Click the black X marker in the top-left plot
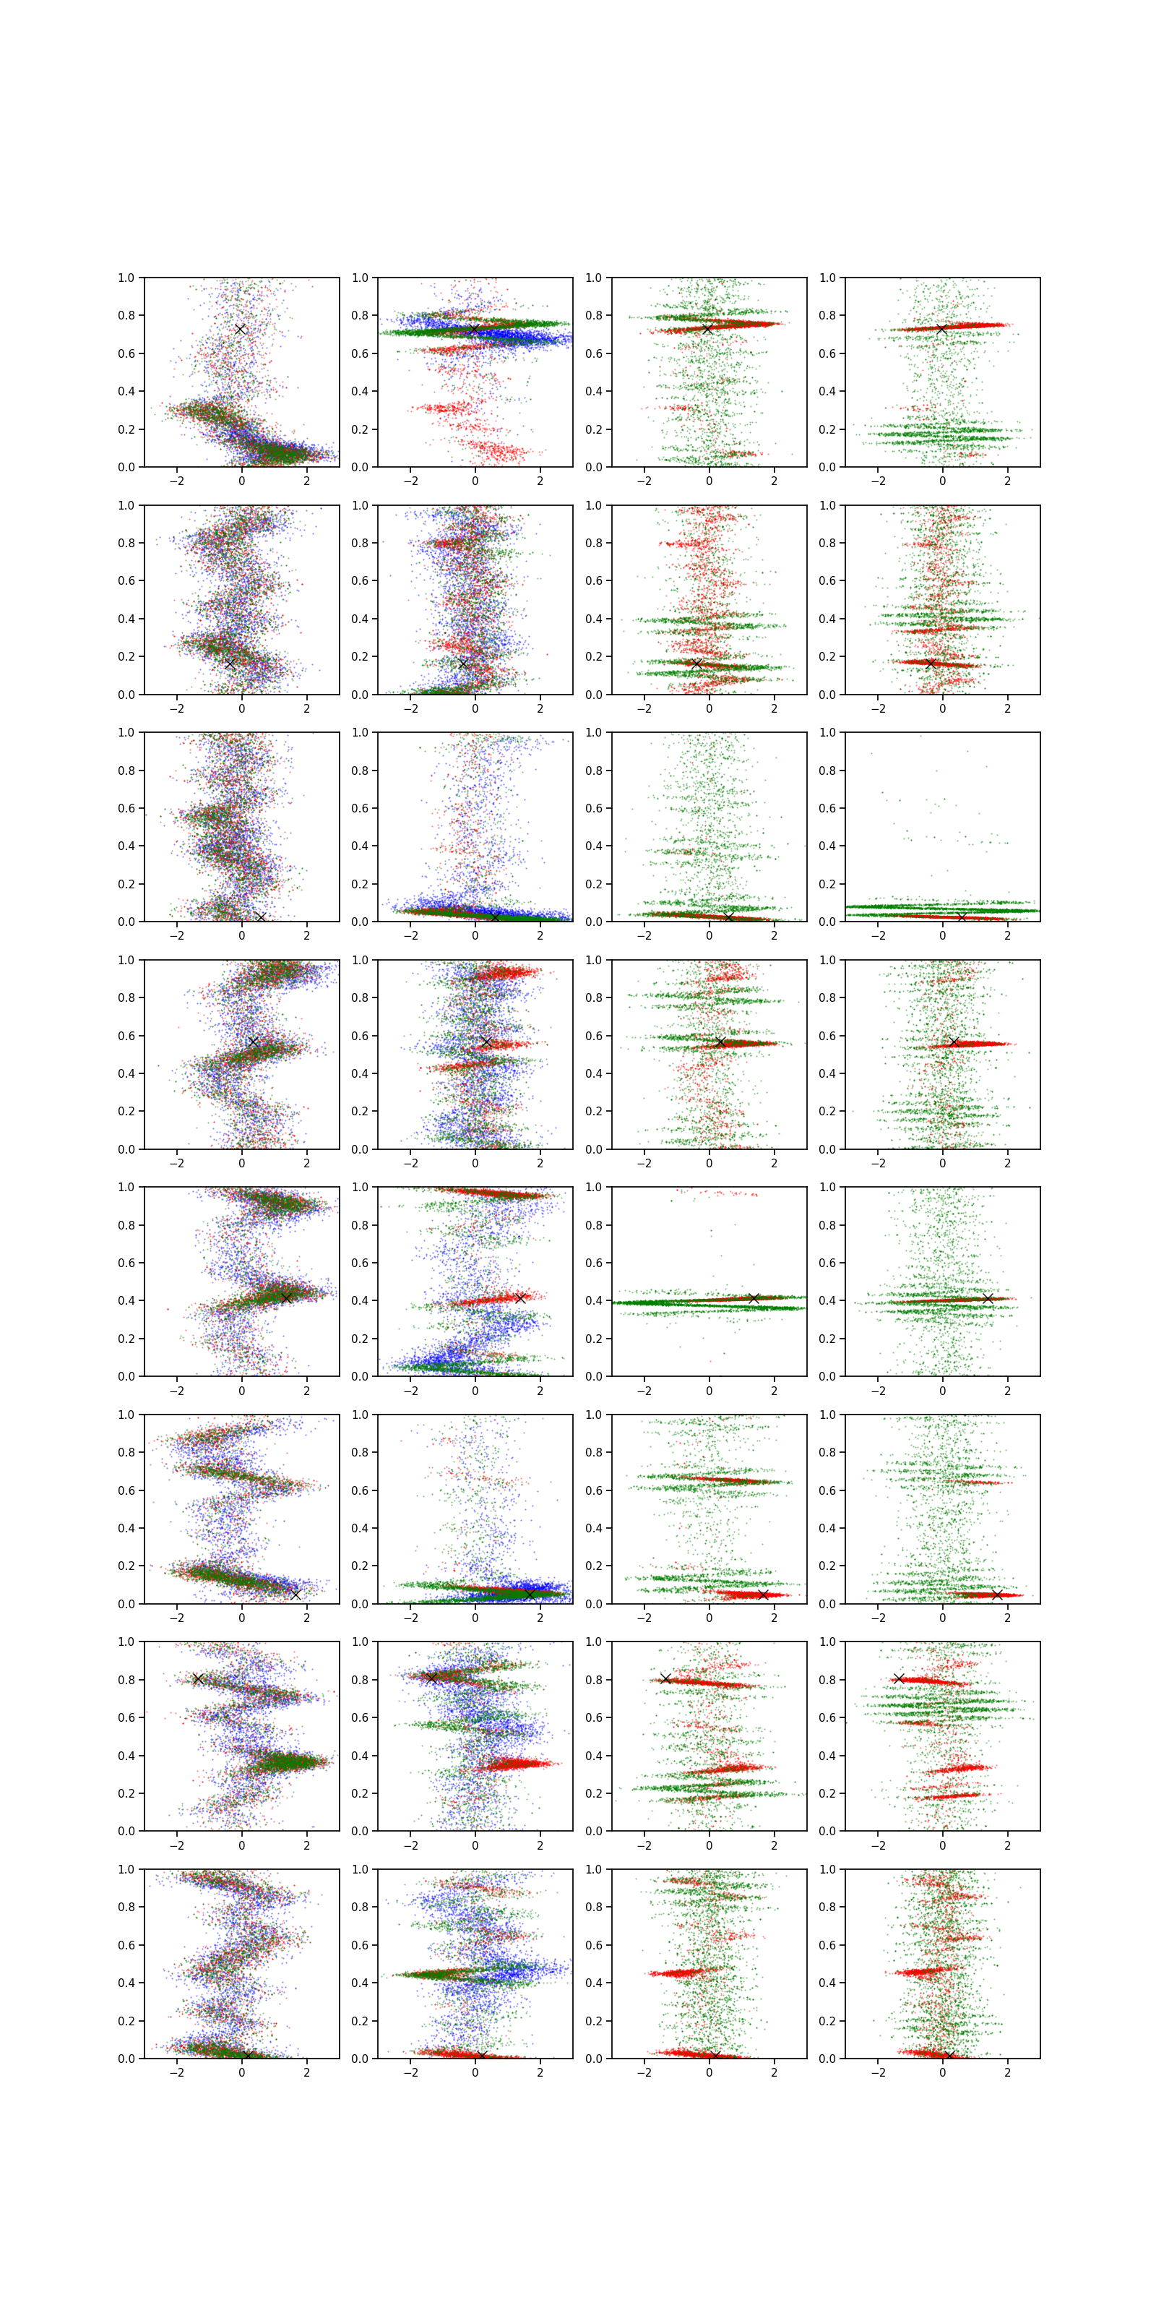click(240, 330)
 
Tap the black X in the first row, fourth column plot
click(941, 330)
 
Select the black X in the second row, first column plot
click(230, 664)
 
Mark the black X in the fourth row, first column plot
click(253, 1042)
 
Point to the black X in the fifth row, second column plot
click(519, 1297)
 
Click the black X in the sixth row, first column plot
click(296, 1594)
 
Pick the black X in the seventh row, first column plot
click(199, 1678)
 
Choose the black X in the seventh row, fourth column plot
click(898, 1678)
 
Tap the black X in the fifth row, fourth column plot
click(987, 1298)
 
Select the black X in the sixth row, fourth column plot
click(996, 1594)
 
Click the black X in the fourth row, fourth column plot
click(954, 1042)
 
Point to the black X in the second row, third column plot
click(696, 664)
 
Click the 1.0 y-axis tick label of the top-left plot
click(126, 278)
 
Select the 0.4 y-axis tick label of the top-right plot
click(827, 392)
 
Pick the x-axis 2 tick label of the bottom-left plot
click(306, 2072)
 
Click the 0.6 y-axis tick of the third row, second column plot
click(360, 808)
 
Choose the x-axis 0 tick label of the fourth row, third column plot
click(709, 1163)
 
